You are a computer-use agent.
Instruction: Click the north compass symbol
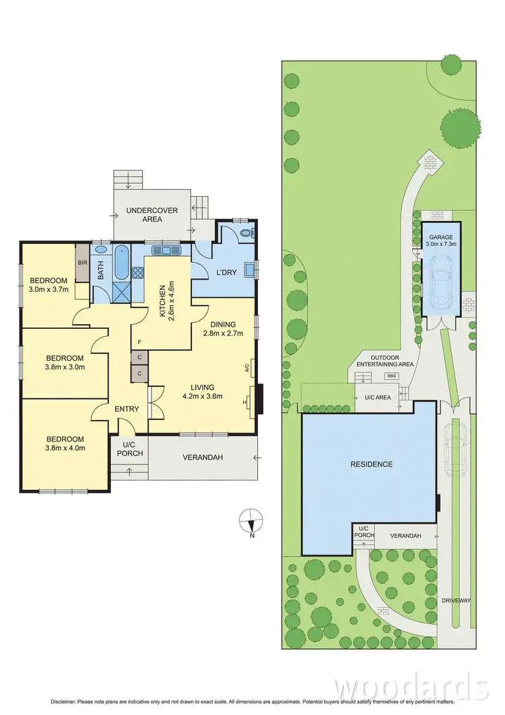(250, 522)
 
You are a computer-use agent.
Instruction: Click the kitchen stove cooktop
(138, 273)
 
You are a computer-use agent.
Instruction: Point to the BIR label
(82, 263)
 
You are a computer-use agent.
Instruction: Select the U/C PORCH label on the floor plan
(129, 449)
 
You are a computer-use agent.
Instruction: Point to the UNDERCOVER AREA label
(152, 214)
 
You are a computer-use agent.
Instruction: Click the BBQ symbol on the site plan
(391, 375)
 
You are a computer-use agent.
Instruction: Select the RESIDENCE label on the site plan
(370, 464)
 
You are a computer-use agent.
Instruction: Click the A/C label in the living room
(247, 368)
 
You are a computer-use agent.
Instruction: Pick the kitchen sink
(165, 250)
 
